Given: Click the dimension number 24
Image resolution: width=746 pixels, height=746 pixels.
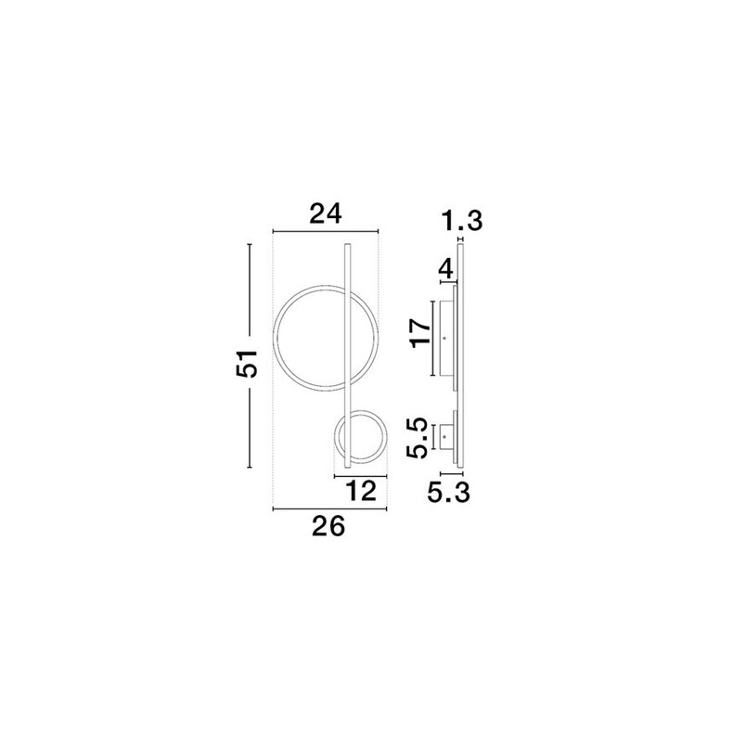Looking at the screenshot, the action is click(326, 213).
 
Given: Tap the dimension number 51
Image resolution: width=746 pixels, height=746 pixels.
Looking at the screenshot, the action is click(248, 364).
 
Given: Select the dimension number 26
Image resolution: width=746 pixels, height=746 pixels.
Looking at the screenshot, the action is click(328, 527).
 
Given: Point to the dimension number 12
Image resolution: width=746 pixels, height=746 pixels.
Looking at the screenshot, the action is click(361, 491).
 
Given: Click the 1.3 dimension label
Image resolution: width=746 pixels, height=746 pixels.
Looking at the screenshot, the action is click(461, 221).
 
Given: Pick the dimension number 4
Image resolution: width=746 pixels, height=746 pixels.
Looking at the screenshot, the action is click(445, 270).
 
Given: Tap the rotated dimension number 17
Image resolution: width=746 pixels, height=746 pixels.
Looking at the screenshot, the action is click(421, 333).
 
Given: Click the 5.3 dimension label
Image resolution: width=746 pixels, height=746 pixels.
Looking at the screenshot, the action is click(448, 493).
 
